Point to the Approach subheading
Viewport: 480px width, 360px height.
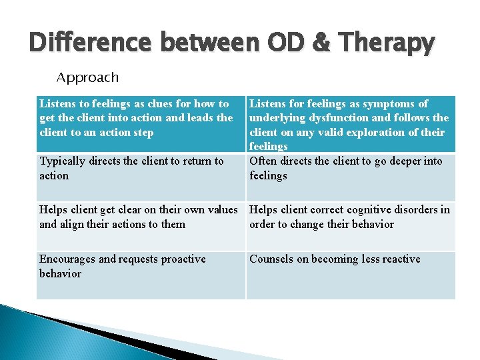pyautogui.click(x=87, y=77)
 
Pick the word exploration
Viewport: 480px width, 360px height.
pyautogui.click(x=379, y=132)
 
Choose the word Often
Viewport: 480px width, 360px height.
pyautogui.click(x=264, y=161)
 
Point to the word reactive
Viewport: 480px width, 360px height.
pyautogui.click(x=399, y=259)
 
